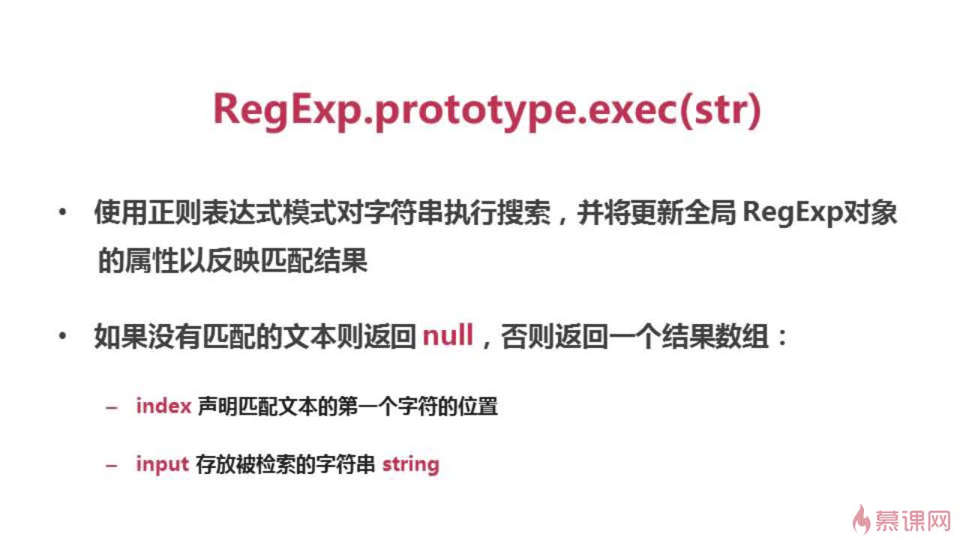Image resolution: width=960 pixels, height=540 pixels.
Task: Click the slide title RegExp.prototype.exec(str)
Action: (487, 110)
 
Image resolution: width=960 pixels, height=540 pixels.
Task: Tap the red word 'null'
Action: (448, 335)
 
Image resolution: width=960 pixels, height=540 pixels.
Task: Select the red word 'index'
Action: (163, 406)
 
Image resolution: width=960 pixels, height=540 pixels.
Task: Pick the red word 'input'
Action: (163, 464)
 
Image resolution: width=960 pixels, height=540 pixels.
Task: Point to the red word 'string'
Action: (410, 464)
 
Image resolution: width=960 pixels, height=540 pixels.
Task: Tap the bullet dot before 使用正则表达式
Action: (62, 211)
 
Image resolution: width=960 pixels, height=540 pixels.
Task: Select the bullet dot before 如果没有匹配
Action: (62, 336)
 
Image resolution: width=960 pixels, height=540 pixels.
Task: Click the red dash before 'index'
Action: (112, 407)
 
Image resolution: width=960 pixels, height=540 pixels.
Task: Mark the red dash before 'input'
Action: (112, 465)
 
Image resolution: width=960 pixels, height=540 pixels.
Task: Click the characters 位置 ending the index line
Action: (478, 406)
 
